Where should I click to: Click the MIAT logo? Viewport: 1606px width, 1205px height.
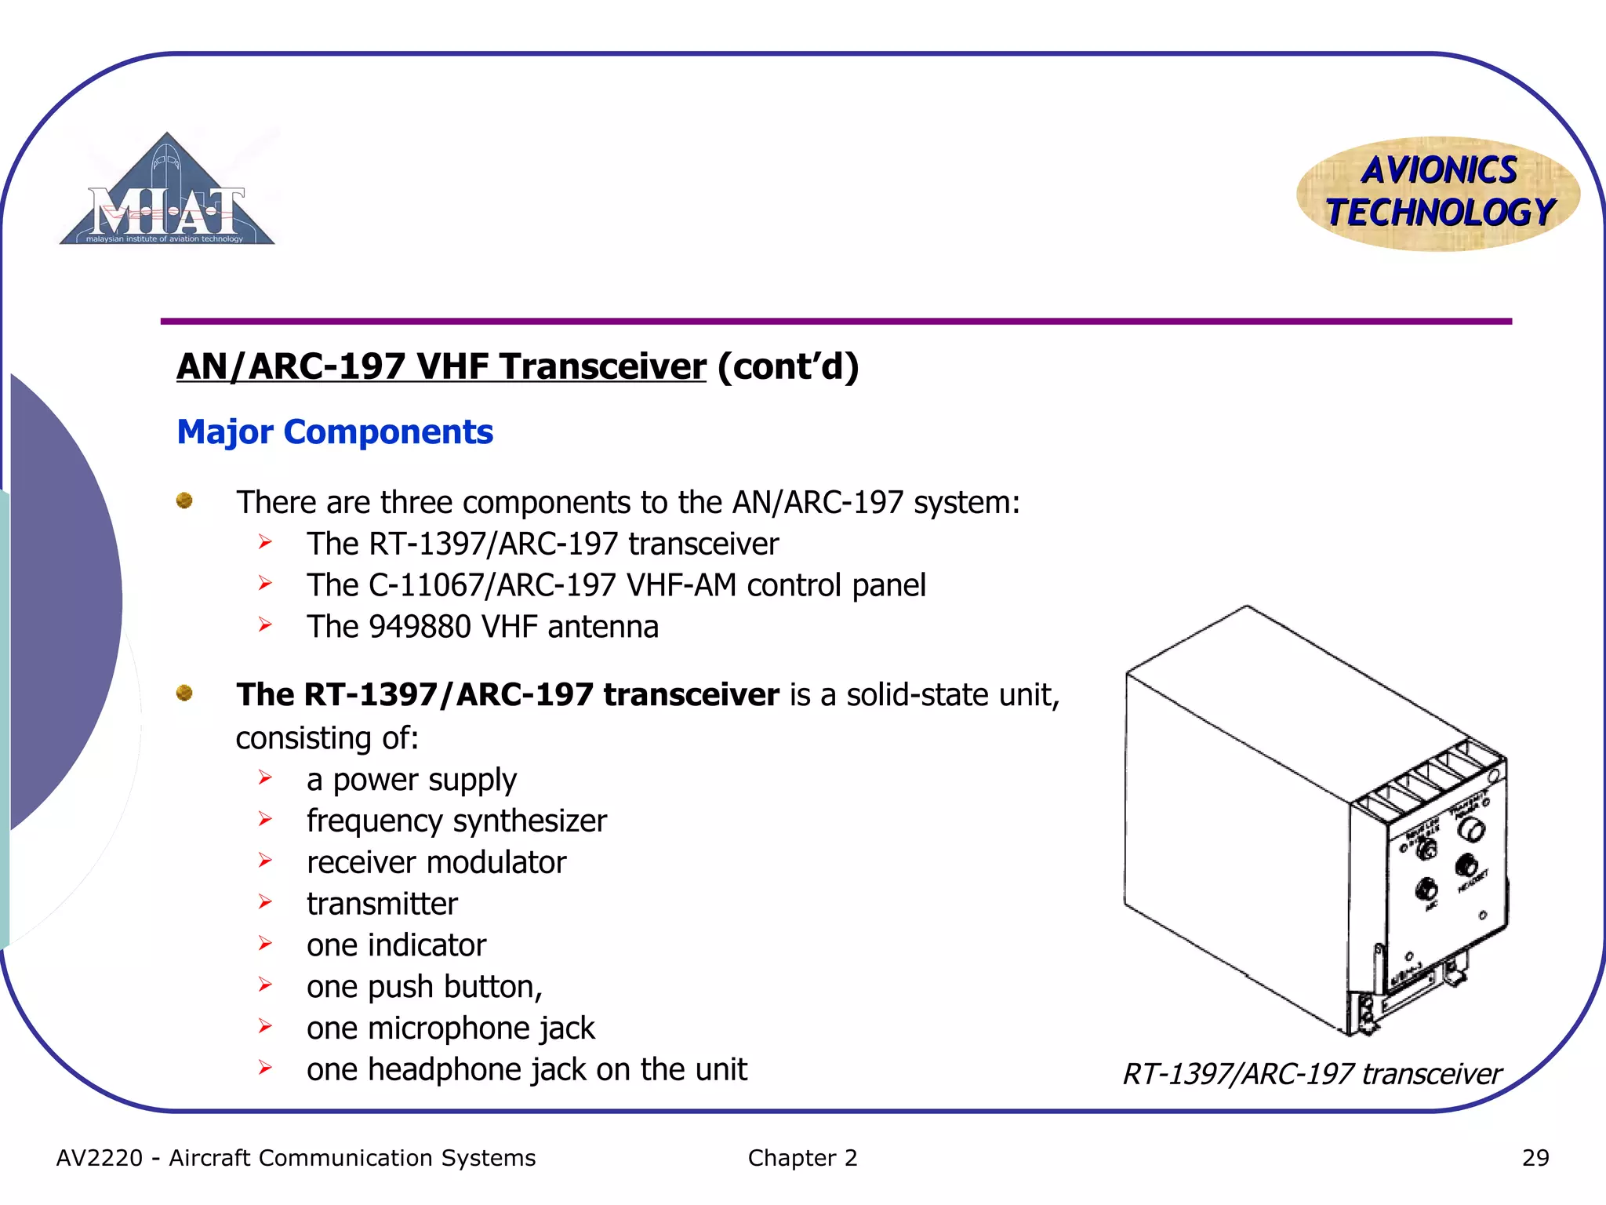point(167,192)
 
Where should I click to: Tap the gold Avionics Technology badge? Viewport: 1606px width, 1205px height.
point(1438,193)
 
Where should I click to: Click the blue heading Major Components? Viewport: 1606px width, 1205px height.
point(335,432)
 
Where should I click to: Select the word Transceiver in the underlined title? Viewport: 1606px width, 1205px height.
point(602,367)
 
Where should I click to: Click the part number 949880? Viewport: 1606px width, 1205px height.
point(420,627)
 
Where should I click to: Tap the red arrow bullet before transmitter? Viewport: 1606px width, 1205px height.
point(265,902)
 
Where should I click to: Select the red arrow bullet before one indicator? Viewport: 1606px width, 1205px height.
point(265,944)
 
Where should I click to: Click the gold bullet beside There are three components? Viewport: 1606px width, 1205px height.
point(184,501)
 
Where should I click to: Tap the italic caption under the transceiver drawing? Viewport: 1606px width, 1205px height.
point(1312,1074)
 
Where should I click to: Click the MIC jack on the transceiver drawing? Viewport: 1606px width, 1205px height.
point(1426,889)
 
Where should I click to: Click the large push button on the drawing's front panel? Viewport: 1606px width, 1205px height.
point(1474,830)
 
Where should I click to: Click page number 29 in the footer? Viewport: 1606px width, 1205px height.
point(1535,1158)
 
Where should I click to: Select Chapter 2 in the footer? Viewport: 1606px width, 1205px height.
point(802,1158)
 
